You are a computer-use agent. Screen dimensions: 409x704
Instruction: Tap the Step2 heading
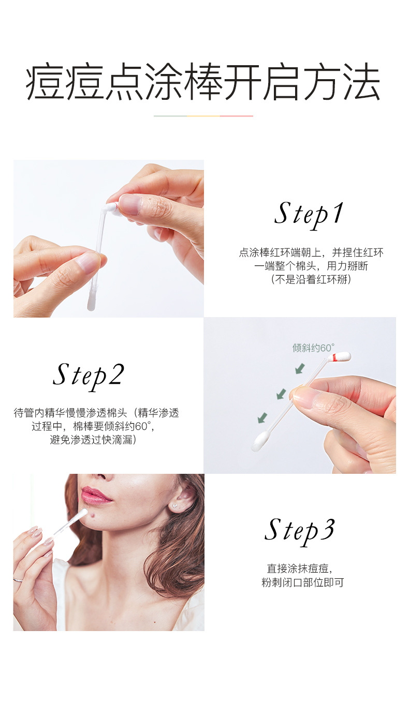pyautogui.click(x=89, y=376)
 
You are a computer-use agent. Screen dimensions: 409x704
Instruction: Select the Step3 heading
pyautogui.click(x=300, y=531)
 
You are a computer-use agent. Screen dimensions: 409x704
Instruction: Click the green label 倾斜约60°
pyautogui.click(x=313, y=348)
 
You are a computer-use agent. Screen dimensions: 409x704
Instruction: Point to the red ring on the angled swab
pyautogui.click(x=335, y=357)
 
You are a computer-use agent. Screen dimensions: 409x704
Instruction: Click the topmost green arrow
pyautogui.click(x=300, y=368)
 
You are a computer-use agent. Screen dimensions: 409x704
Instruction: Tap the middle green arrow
pyautogui.click(x=281, y=394)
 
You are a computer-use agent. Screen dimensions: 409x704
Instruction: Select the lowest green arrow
pyautogui.click(x=262, y=417)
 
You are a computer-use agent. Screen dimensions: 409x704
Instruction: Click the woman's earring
pyautogui.click(x=175, y=506)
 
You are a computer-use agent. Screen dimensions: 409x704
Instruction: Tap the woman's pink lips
pyautogui.click(x=95, y=495)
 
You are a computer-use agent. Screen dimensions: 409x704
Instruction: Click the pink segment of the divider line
pyautogui.click(x=237, y=116)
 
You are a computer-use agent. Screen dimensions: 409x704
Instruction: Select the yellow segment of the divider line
pyautogui.click(x=203, y=116)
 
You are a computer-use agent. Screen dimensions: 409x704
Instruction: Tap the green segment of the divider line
pyautogui.click(x=170, y=116)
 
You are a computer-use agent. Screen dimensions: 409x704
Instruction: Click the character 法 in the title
pyautogui.click(x=362, y=82)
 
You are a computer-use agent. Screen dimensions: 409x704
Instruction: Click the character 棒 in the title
pyautogui.click(x=203, y=82)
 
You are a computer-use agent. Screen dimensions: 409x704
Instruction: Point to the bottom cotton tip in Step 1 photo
pyautogui.click(x=91, y=302)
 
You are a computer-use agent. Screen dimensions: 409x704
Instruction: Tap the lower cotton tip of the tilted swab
pyautogui.click(x=259, y=442)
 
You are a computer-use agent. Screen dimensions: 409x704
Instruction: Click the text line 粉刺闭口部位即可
pyautogui.click(x=302, y=582)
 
